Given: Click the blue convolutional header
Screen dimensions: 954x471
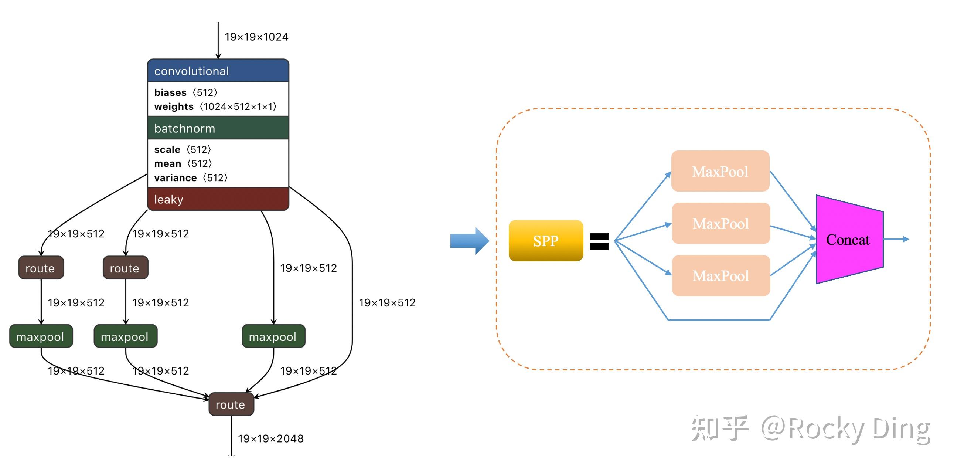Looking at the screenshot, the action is (x=218, y=70).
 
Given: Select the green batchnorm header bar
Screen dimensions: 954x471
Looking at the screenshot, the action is (x=218, y=128).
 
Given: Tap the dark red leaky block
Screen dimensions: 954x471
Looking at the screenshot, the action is (x=218, y=199).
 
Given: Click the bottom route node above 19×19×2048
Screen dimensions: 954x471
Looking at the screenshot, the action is (x=231, y=404).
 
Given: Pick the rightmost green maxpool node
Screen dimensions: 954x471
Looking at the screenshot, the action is (x=273, y=336).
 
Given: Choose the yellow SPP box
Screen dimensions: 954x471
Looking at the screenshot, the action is (x=546, y=241).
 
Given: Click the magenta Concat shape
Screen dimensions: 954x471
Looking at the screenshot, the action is (x=849, y=240).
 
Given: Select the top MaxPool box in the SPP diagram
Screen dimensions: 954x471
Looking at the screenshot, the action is (x=720, y=171).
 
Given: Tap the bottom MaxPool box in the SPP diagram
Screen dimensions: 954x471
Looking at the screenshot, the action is (x=721, y=276).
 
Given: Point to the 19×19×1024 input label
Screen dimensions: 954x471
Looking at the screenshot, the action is (x=256, y=37).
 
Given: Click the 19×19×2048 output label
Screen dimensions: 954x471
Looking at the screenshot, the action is (x=271, y=439).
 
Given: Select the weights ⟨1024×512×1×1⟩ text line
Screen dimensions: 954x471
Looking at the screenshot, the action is (x=215, y=107).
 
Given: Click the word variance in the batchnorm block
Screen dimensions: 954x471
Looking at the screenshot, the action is (x=176, y=178).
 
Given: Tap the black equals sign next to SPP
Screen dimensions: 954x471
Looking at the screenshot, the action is (x=599, y=241).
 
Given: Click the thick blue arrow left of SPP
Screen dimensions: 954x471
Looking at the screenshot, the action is (x=470, y=241).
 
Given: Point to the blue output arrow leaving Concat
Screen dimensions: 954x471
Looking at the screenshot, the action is (x=896, y=240).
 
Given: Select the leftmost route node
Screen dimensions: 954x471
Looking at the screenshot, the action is (x=41, y=268).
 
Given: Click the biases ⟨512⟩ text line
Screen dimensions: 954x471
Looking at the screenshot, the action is (x=186, y=92).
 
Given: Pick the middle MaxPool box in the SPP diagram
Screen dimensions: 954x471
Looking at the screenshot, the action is (x=721, y=223).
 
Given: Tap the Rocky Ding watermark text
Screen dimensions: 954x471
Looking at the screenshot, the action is (x=846, y=429).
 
